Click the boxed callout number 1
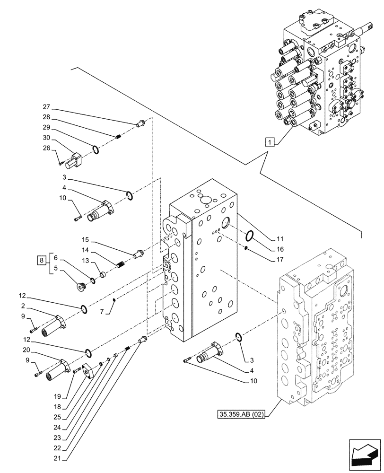point(269,141)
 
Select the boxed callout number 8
point(42,260)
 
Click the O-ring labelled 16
point(251,235)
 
